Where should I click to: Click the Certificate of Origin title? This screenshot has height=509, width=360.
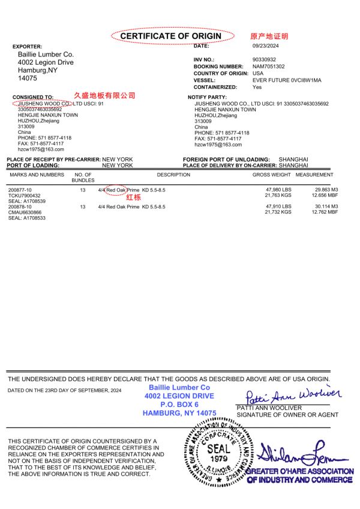pyautogui.click(x=171, y=37)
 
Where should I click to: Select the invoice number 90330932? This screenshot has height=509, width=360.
pyautogui.click(x=265, y=59)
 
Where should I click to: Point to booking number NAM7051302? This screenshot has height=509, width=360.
pyautogui.click(x=269, y=67)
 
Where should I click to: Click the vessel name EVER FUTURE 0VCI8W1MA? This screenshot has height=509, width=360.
pyautogui.click(x=287, y=80)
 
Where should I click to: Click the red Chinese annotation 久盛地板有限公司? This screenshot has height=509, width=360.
pyautogui.click(x=104, y=95)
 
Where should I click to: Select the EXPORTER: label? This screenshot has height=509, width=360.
pyautogui.click(x=28, y=46)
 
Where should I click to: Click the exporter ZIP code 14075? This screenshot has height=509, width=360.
pyautogui.click(x=28, y=78)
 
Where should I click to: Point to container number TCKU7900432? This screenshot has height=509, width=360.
pyautogui.click(x=25, y=196)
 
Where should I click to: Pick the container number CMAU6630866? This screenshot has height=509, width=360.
pyautogui.click(x=25, y=212)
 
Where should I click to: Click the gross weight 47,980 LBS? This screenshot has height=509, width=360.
pyautogui.click(x=278, y=190)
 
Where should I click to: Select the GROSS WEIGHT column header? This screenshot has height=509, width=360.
pyautogui.click(x=271, y=175)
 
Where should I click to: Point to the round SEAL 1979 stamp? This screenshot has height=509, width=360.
pyautogui.click(x=218, y=451)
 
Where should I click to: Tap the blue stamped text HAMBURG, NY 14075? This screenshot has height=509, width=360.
pyautogui.click(x=179, y=413)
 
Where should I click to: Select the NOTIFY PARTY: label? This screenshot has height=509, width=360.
pyautogui.click(x=207, y=97)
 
